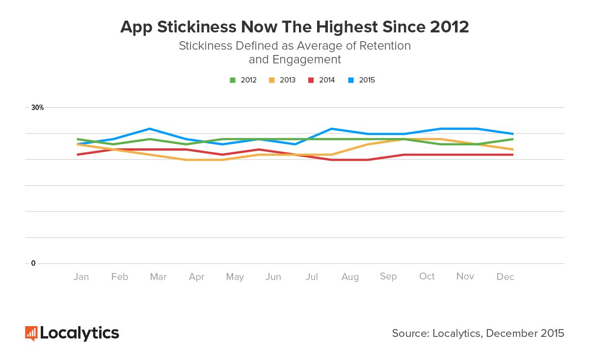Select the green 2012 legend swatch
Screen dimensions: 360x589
233,80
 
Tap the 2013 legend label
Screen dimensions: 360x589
287,80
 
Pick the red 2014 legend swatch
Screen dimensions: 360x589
311,80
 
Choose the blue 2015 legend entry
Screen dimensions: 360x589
362,80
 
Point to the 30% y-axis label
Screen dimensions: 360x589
38,108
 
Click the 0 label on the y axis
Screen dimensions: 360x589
33,263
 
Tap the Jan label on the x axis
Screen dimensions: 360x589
81,277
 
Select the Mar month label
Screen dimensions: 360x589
158,277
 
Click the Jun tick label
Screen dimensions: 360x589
273,277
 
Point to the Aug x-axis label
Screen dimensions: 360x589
350,277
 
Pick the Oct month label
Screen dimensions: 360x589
427,277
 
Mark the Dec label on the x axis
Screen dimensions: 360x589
505,277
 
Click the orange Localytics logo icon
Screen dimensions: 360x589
31,333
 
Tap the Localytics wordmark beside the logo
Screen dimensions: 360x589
80,333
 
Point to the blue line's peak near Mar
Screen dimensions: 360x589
150,129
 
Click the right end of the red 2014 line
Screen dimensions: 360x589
513,155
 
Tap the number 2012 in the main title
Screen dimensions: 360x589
449,27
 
